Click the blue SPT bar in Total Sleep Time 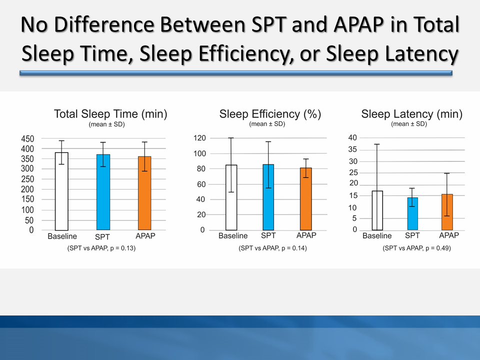click(103, 192)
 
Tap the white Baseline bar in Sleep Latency click(377, 210)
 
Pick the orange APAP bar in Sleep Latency click(446, 212)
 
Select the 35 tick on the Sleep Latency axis click(352, 149)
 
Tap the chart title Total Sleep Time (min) click(110, 114)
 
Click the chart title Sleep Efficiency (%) click(270, 114)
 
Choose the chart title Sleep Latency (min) click(412, 114)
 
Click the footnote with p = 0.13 click(101, 248)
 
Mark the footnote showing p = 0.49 click(416, 248)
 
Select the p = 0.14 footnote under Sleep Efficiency click(272, 248)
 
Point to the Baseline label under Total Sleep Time click(62, 236)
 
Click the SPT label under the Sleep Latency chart click(412, 235)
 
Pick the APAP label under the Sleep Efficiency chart click(306, 235)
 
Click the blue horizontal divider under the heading click(235, 73)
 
